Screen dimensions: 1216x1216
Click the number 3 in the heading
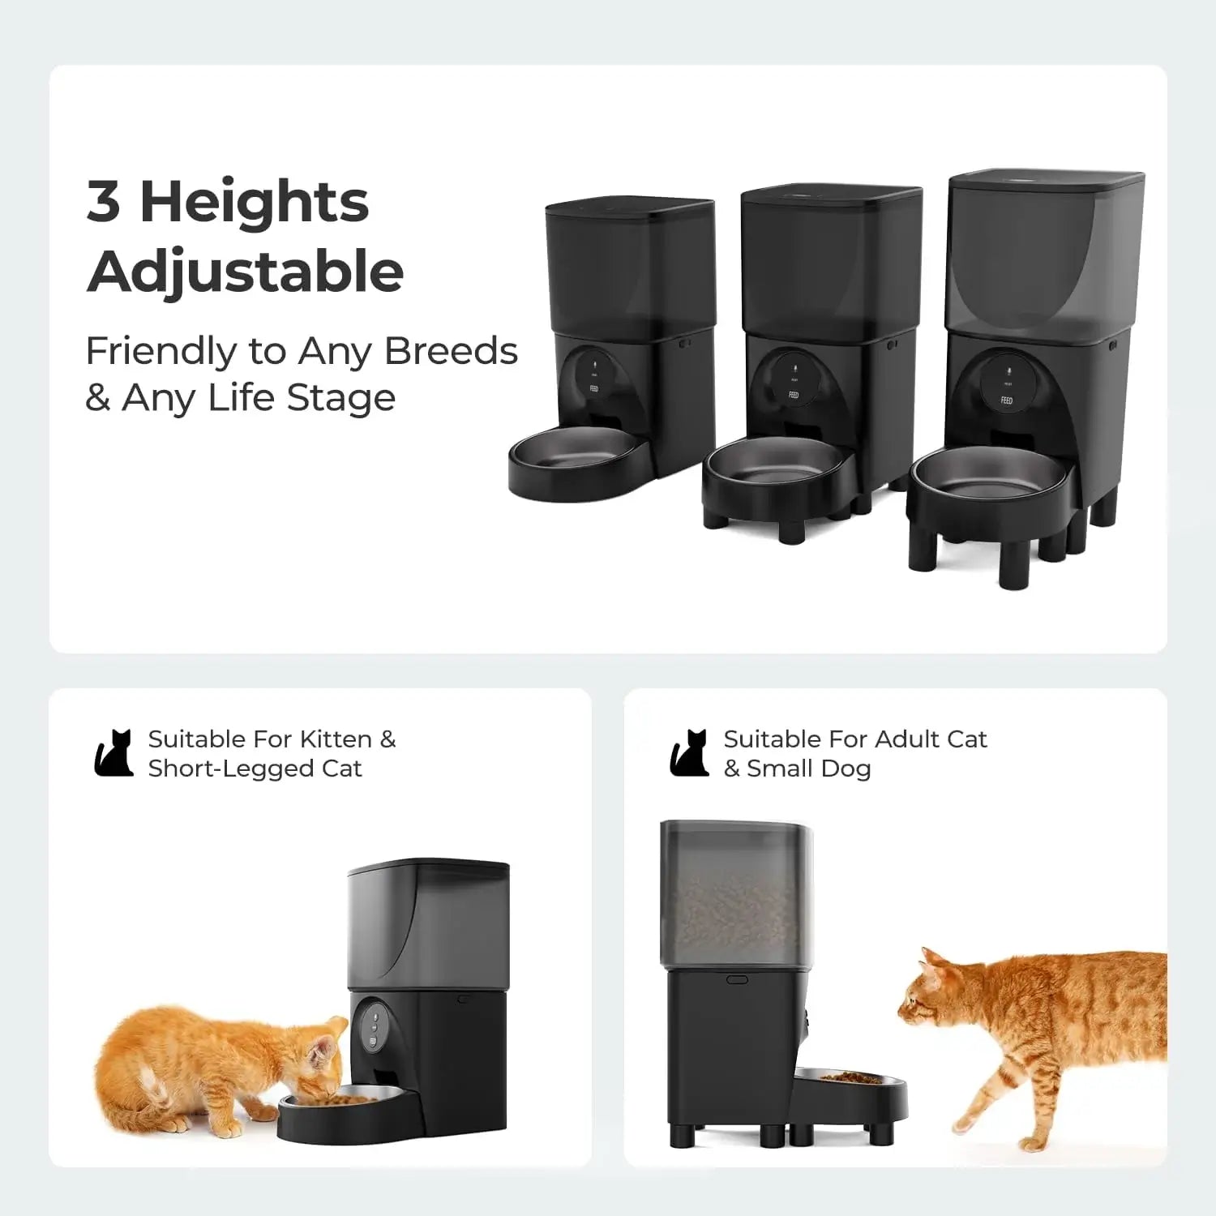[104, 202]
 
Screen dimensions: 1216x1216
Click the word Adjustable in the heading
[245, 272]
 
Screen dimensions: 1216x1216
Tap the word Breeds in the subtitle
[451, 351]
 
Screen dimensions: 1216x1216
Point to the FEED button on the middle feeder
[794, 396]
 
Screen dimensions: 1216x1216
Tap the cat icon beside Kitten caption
[113, 753]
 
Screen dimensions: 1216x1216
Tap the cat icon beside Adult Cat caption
[689, 753]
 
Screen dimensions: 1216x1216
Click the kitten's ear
[327, 1048]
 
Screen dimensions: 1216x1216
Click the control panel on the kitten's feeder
[374, 1024]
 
